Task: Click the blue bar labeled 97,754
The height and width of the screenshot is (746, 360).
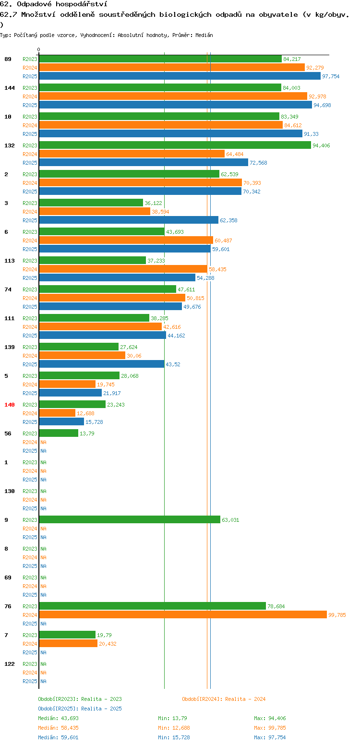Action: (x=180, y=76)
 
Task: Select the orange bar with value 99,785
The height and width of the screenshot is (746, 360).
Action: (x=183, y=615)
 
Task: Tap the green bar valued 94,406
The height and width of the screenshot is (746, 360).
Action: (x=175, y=145)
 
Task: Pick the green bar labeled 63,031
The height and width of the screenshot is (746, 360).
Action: (x=130, y=519)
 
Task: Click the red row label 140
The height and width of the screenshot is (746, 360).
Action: (x=9, y=405)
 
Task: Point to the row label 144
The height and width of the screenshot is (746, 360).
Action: (x=9, y=88)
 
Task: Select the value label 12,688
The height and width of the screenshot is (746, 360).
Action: (x=85, y=413)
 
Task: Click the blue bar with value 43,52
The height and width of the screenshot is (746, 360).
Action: (x=102, y=364)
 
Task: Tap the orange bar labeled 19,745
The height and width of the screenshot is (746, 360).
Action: (x=67, y=385)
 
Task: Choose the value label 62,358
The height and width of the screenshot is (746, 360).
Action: (x=228, y=220)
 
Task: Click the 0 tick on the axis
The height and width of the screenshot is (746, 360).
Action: (x=38, y=49)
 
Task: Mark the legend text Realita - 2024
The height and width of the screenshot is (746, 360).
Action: (x=245, y=699)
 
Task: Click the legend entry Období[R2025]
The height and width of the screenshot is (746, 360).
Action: (x=58, y=709)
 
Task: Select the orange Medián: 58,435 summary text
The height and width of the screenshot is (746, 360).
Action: (x=58, y=728)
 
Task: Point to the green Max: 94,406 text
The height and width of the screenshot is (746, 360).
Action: (x=270, y=718)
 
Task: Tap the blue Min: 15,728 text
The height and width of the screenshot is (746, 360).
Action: (x=174, y=738)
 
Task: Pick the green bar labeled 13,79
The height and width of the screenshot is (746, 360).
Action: (x=59, y=433)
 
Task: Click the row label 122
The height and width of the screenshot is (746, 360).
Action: (x=9, y=664)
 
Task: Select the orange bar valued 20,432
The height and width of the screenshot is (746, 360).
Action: (x=68, y=643)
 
